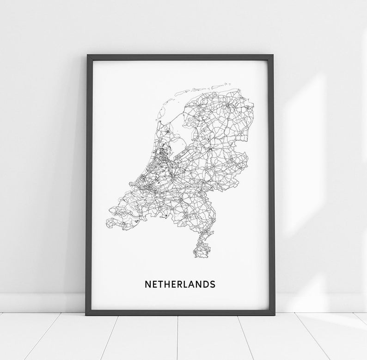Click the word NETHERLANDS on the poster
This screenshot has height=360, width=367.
tap(180, 284)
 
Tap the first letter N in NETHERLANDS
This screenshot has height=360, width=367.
tap(148, 284)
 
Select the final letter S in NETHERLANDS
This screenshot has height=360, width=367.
tap(212, 284)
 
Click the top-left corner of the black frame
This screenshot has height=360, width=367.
tap(87, 56)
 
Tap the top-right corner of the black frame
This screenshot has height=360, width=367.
tap(273, 56)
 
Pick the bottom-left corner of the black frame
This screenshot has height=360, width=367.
tap(86, 314)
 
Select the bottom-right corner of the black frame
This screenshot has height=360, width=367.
tap(274, 314)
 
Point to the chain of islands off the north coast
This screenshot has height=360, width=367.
tap(203, 88)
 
